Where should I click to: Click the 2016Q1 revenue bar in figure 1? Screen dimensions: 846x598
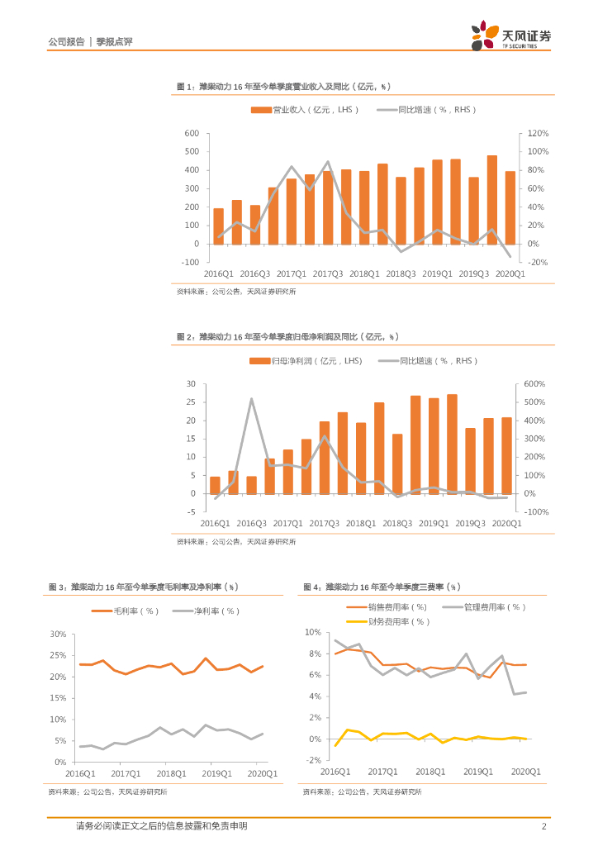tap(219, 226)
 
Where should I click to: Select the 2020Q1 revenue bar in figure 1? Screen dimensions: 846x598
tap(510, 207)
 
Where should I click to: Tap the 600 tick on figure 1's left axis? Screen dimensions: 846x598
tap(192, 133)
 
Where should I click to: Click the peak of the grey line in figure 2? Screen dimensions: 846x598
tap(251, 399)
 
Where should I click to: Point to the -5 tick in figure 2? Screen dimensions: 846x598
tap(190, 511)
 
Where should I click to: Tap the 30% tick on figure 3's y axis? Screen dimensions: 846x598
tap(58, 634)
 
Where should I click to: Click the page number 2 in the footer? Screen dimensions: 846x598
tap(544, 826)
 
